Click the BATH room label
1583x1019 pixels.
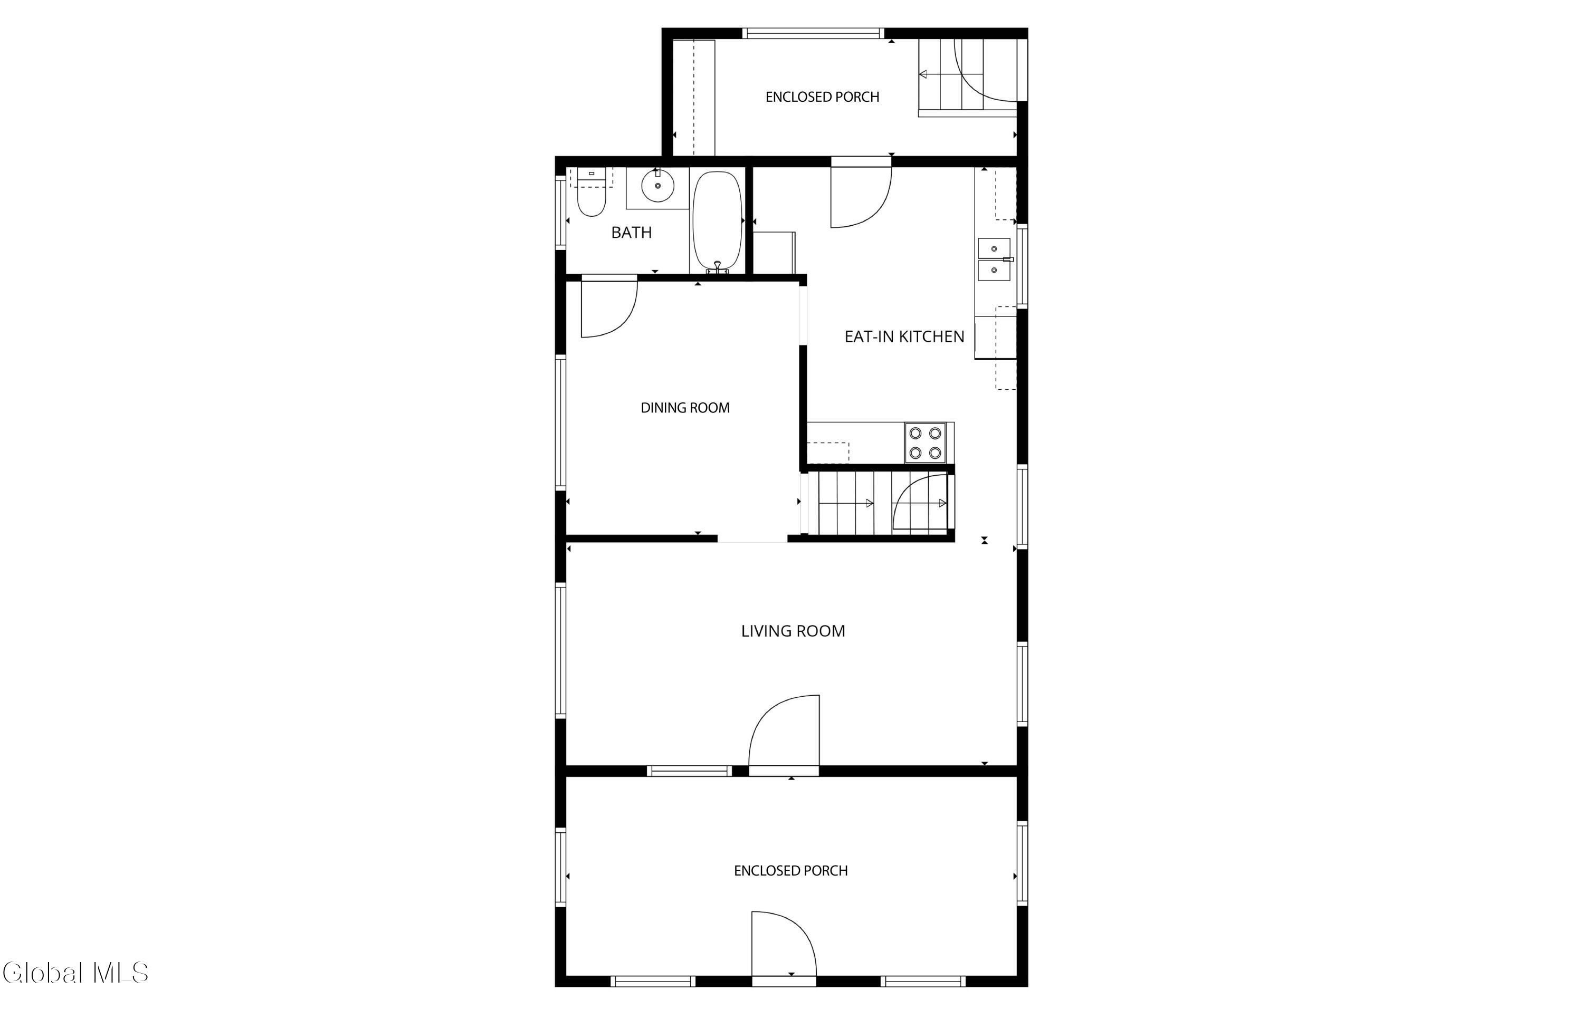coord(631,232)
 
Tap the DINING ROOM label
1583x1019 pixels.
coord(685,408)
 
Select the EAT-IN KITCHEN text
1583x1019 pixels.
coord(904,336)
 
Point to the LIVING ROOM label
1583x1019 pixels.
coord(793,631)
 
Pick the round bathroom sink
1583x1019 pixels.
coord(658,186)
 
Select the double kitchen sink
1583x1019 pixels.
coord(994,259)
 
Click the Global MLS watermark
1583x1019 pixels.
coord(75,973)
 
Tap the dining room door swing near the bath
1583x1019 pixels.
coord(609,309)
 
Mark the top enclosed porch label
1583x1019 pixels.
coord(822,97)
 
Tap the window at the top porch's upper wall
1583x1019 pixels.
coord(813,33)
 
